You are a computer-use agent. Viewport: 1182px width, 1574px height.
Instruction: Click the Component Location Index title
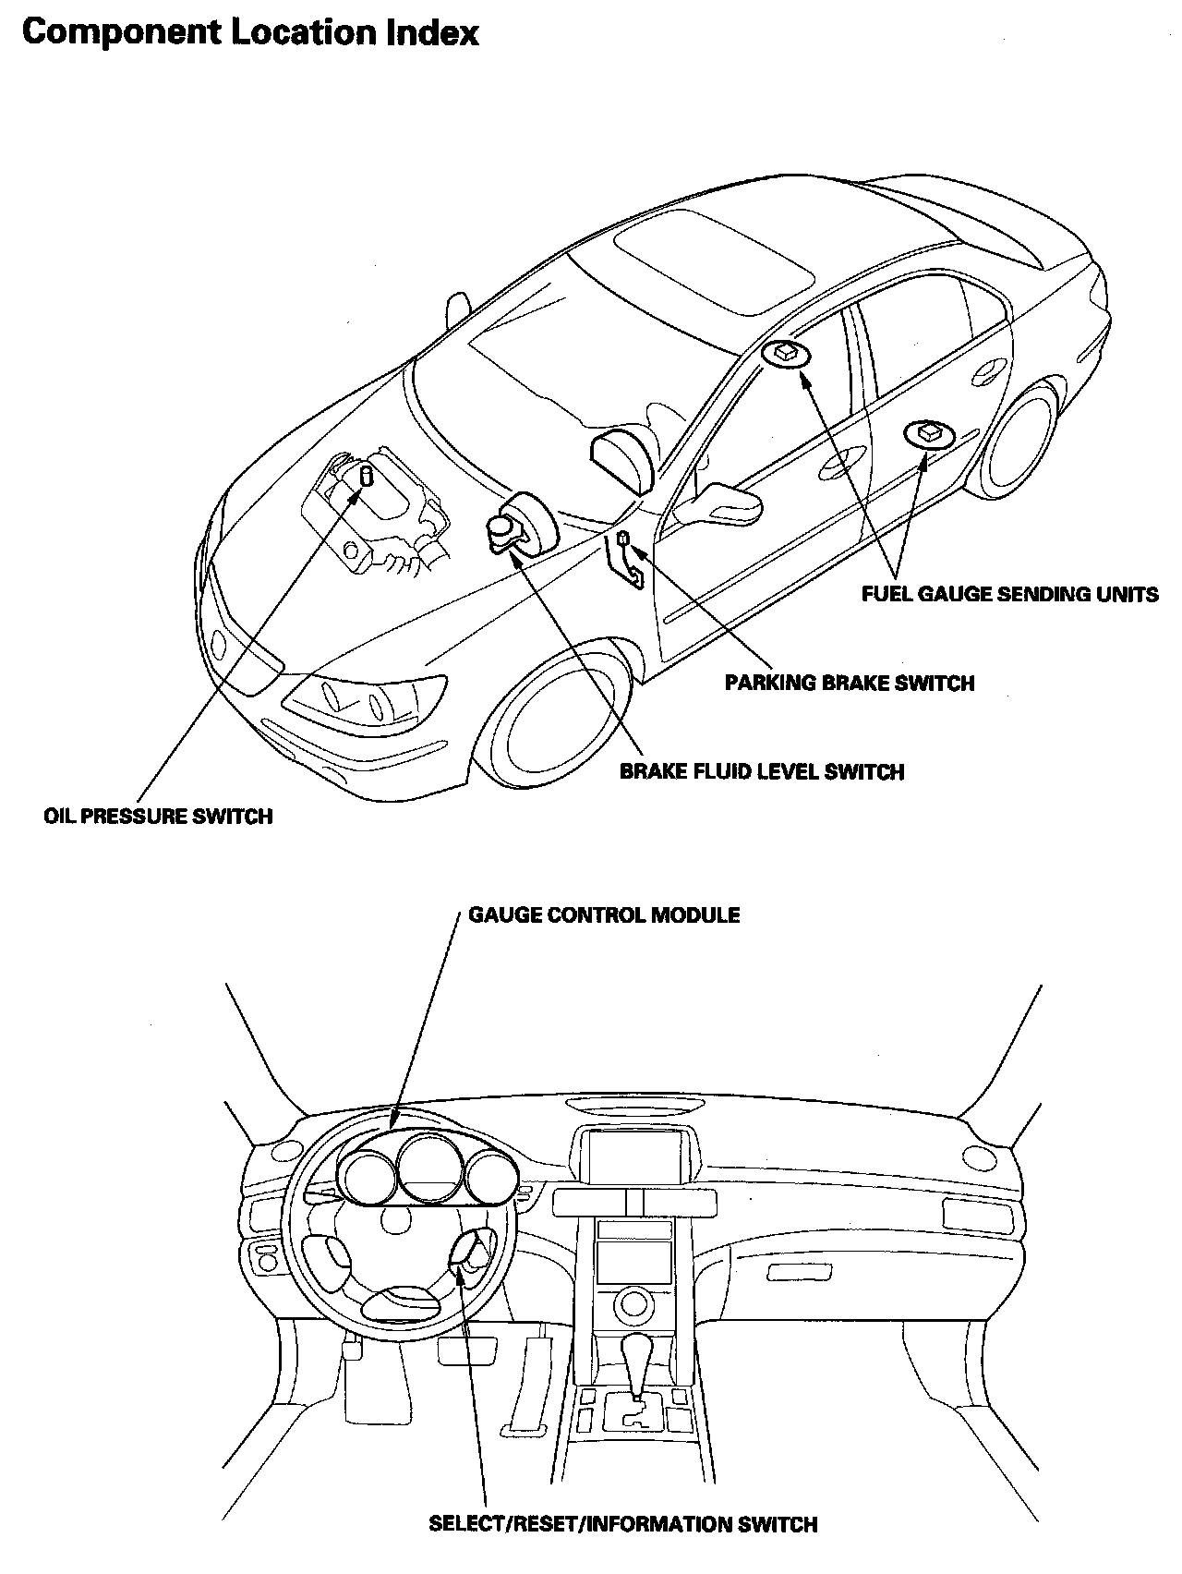coord(250,33)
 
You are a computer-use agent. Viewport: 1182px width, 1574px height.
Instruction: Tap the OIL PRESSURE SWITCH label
coord(158,817)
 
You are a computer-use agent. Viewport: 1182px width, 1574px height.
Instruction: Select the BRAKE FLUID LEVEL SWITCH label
coord(761,771)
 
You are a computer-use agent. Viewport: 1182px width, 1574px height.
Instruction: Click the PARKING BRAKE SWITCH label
coord(850,684)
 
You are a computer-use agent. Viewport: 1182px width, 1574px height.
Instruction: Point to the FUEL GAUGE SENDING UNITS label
coord(1009,594)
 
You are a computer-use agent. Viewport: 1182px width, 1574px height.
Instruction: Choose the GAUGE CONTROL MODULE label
coord(604,914)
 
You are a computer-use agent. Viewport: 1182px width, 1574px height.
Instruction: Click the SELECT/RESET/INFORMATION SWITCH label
coord(623,1523)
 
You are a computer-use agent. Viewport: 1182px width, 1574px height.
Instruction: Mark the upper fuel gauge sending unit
coord(787,352)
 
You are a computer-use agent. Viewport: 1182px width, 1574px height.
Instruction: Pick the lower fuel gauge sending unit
coord(927,432)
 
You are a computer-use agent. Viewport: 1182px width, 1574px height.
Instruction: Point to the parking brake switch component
coord(624,538)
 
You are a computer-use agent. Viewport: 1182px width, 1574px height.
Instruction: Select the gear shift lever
coord(637,1365)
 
